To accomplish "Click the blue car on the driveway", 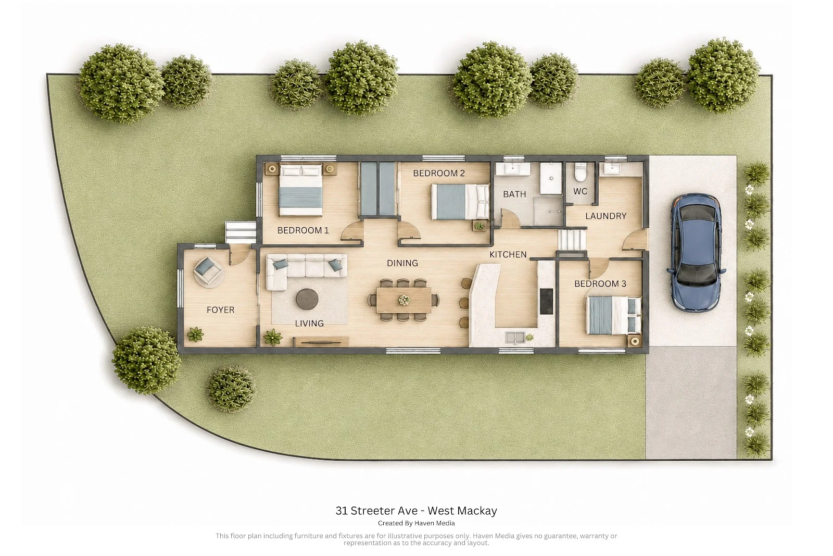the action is tap(696, 252).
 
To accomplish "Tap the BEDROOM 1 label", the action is tap(303, 230).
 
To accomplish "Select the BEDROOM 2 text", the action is tap(439, 173).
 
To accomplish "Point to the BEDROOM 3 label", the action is tap(600, 283).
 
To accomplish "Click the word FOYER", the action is tap(221, 310).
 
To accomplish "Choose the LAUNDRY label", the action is tap(606, 216).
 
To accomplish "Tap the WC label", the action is tap(580, 191).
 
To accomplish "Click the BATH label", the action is tap(514, 194).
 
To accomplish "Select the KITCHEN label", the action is tap(508, 255).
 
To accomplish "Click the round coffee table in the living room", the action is tap(307, 299).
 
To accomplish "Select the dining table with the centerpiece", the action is tap(404, 300).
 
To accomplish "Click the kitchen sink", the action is tap(515, 338).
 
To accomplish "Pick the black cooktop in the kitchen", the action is tap(546, 301).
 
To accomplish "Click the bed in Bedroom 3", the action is tap(613, 315).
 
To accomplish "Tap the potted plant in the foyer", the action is tap(195, 334).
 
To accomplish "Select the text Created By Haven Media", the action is tap(416, 523).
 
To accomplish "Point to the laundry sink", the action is tap(612, 169).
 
